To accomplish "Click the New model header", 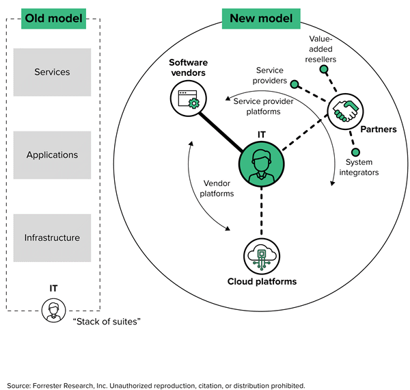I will point(262,18).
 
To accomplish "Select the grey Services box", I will point(52,72).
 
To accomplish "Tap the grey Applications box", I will point(52,155).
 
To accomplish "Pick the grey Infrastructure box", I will point(52,237).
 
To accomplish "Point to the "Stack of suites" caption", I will point(107,321).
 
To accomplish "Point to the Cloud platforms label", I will point(261,282).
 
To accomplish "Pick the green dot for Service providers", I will point(295,84).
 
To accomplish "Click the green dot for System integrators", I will point(355,151).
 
